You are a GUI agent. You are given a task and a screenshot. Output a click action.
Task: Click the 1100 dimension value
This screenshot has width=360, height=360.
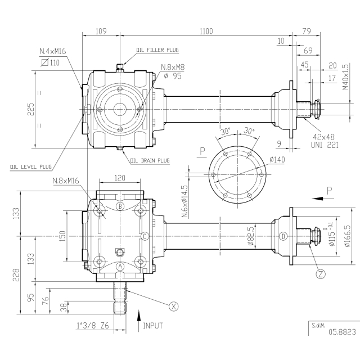click(206, 31)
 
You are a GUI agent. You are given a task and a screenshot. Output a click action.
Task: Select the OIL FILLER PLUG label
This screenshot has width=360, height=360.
click(157, 50)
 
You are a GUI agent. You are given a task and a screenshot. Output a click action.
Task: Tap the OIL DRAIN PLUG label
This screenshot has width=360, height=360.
click(150, 160)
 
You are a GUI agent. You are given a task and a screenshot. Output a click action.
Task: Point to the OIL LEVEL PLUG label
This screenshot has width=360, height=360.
click(31, 166)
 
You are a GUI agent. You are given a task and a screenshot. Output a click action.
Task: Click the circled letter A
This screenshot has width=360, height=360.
click(120, 267)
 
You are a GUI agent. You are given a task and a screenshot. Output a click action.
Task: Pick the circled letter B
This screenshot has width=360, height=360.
click(120, 206)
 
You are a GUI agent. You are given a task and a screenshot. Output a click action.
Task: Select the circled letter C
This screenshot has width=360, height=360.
click(145, 236)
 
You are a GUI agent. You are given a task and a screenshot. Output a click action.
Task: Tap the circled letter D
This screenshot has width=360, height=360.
click(283, 236)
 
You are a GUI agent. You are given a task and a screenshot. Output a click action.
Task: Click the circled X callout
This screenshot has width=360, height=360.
click(173, 306)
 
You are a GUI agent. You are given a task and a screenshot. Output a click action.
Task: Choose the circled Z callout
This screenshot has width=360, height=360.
click(321, 274)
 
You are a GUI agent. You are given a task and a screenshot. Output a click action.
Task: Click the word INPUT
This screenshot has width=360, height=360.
click(153, 326)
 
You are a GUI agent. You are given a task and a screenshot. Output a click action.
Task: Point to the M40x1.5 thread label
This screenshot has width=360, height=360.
click(345, 77)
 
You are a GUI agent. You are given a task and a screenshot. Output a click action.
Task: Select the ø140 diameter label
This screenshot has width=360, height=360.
click(277, 159)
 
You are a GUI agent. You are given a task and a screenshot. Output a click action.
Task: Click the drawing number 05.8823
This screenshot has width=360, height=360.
click(342, 332)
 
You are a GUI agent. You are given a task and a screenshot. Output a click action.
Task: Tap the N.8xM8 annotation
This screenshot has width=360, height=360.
click(173, 67)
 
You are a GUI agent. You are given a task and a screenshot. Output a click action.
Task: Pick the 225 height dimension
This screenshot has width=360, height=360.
click(31, 109)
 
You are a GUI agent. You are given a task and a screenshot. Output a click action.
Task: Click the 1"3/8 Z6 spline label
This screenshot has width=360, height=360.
click(93, 326)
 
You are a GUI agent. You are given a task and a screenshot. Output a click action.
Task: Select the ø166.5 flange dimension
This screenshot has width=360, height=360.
click(347, 236)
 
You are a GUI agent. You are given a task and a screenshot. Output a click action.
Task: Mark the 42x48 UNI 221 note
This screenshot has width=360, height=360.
click(325, 141)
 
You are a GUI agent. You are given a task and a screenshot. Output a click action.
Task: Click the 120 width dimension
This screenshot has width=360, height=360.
click(120, 178)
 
